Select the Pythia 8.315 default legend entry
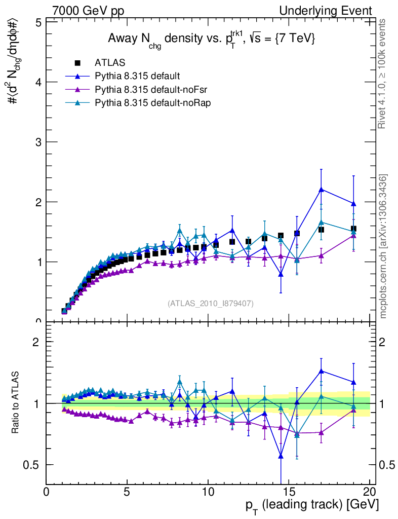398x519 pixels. (137, 77)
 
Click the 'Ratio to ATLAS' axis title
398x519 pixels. (16, 403)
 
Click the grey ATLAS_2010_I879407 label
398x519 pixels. (211, 304)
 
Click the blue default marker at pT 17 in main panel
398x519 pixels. (321, 190)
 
